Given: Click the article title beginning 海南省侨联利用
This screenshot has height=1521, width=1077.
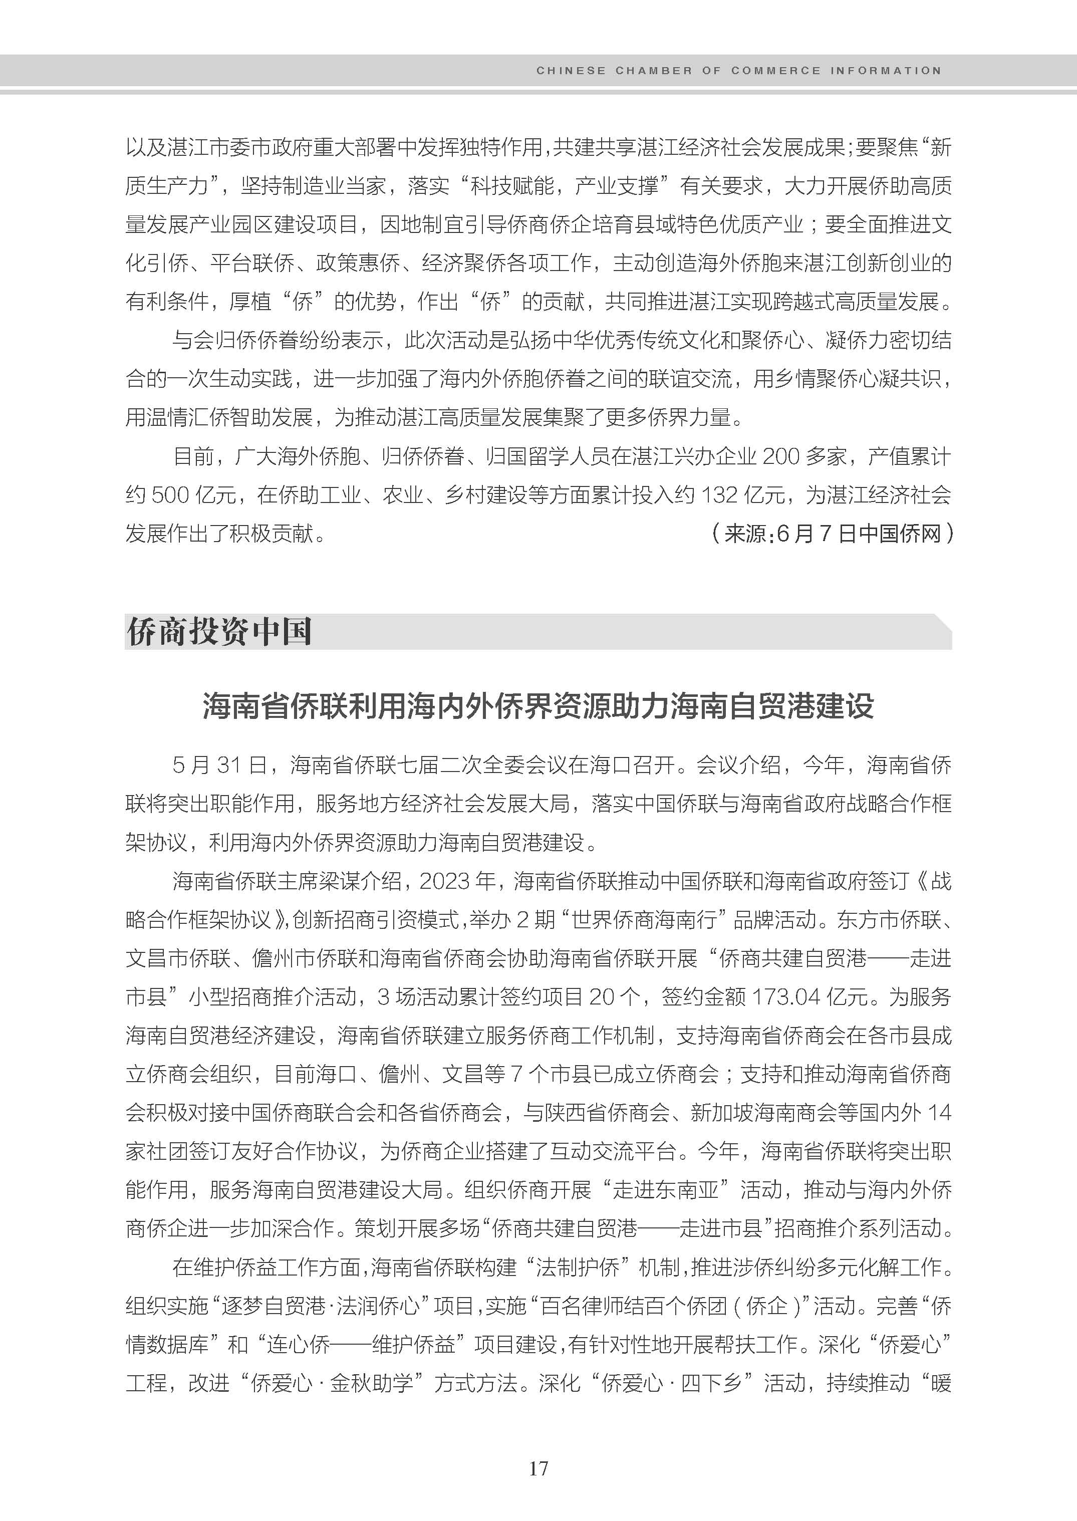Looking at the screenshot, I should pos(538,706).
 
